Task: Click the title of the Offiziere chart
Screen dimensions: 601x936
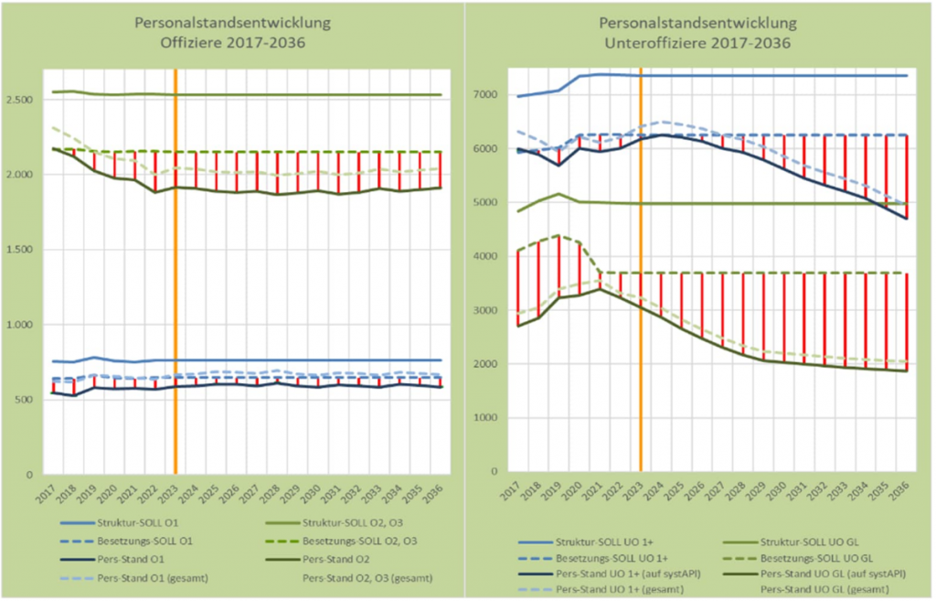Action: pos(231,32)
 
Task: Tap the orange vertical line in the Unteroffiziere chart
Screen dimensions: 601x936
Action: pos(641,274)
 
